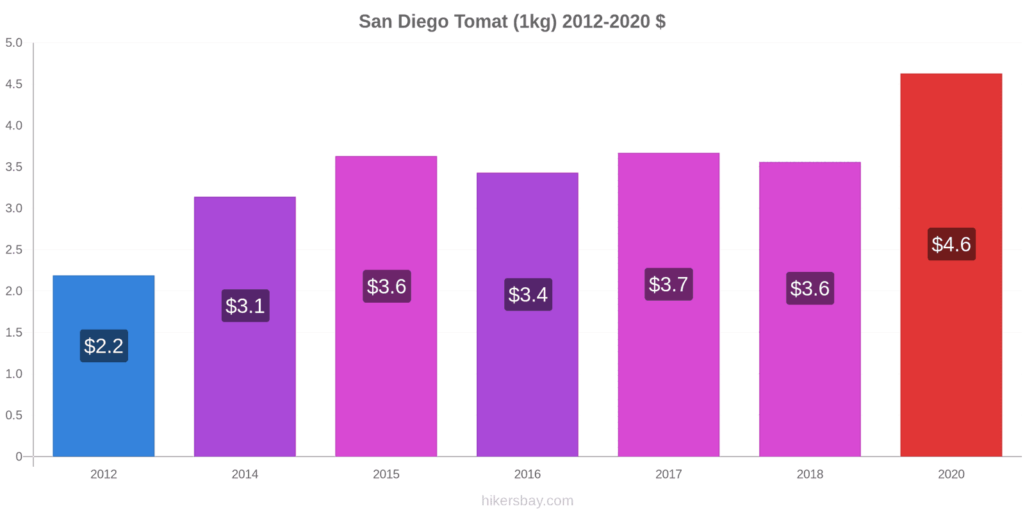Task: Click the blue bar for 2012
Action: tap(103, 366)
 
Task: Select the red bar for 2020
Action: tap(951, 265)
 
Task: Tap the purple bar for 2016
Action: tap(527, 314)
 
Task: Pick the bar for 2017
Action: tap(669, 305)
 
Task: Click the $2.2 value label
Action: tap(104, 346)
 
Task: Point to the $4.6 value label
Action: tap(951, 244)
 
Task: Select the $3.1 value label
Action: tap(245, 305)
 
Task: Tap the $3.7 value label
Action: tap(669, 284)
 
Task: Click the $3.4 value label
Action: tap(528, 294)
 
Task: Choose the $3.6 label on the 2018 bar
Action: tap(810, 288)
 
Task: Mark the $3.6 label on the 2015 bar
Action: tap(387, 286)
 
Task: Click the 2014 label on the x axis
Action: tap(245, 474)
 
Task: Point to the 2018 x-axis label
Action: tap(810, 474)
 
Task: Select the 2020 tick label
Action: tap(951, 474)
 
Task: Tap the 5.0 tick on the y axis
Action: tap(13, 42)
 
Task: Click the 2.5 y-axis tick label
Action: tap(13, 249)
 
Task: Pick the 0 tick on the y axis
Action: tap(19, 456)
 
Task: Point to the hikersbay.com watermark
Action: tap(527, 501)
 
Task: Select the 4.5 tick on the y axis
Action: tap(13, 84)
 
